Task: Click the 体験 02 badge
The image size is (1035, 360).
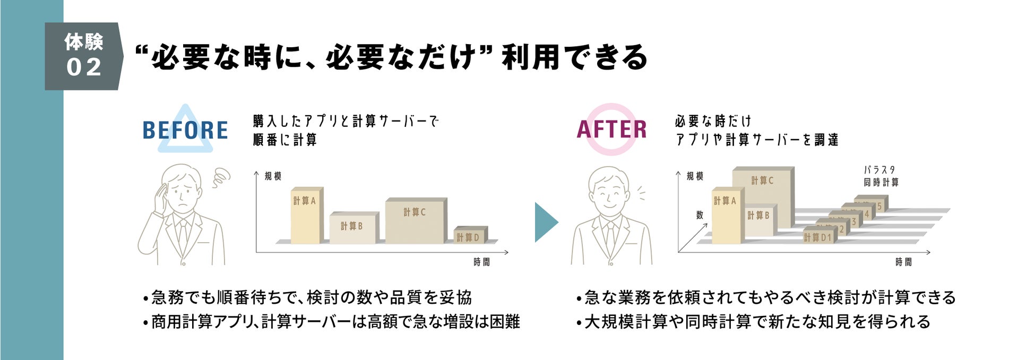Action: tap(83, 56)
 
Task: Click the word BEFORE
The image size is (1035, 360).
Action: tap(185, 130)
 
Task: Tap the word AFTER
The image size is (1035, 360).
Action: tap(611, 130)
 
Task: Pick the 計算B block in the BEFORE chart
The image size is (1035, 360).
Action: tap(353, 228)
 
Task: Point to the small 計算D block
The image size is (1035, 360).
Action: tap(469, 236)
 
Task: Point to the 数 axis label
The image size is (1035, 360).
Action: tap(700, 215)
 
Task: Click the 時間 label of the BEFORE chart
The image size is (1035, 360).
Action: tap(481, 262)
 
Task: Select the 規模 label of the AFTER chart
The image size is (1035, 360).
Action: tap(695, 176)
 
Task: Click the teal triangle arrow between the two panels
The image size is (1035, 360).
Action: tap(546, 222)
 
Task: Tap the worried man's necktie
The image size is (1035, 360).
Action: tap(183, 234)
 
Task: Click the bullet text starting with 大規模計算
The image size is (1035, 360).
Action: tap(757, 322)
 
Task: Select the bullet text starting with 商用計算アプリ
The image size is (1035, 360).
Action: tap(335, 322)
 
